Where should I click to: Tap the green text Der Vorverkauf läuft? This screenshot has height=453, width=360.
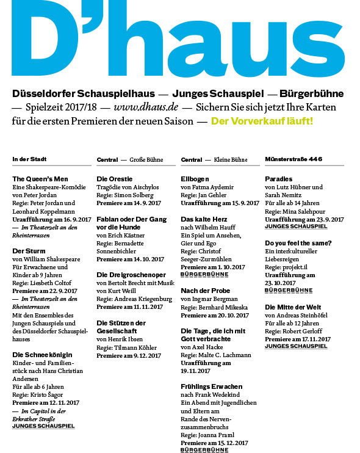tap(262, 121)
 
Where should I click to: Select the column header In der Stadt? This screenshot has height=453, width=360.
tap(29, 159)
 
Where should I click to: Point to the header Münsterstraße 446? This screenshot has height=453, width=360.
tap(293, 159)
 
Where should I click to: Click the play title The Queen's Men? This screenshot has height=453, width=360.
tap(40, 178)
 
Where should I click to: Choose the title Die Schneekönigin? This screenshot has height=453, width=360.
tap(43, 354)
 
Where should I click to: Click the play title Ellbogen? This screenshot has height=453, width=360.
tap(195, 178)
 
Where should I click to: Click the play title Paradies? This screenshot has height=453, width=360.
tap(279, 178)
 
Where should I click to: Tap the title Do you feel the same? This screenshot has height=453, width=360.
tap(298, 243)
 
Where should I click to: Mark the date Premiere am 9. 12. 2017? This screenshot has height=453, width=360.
tap(129, 355)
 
